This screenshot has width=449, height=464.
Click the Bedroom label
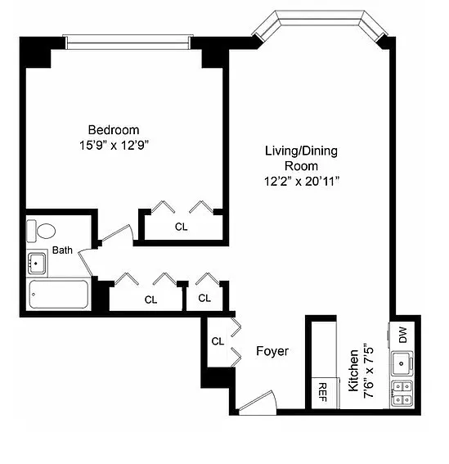tap(114, 130)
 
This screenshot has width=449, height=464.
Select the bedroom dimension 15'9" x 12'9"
tap(114, 146)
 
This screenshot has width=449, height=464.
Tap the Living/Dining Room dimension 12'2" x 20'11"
tap(302, 181)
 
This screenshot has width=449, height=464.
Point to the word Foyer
tap(272, 351)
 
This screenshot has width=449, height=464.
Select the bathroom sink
tap(37, 263)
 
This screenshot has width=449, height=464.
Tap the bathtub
tap(59, 295)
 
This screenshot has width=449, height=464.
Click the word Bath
tap(62, 250)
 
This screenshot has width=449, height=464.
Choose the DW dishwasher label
tap(403, 335)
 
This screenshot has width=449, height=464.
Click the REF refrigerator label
tap(322, 392)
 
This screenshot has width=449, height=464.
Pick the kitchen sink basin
tap(402, 363)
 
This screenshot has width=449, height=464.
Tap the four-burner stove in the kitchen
tap(402, 394)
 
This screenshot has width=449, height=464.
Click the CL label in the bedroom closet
tap(181, 227)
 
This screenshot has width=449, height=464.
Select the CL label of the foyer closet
tap(218, 341)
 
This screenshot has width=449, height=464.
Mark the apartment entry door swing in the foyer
tap(258, 403)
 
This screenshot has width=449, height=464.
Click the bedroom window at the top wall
tap(128, 42)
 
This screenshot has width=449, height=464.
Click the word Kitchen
tap(353, 371)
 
